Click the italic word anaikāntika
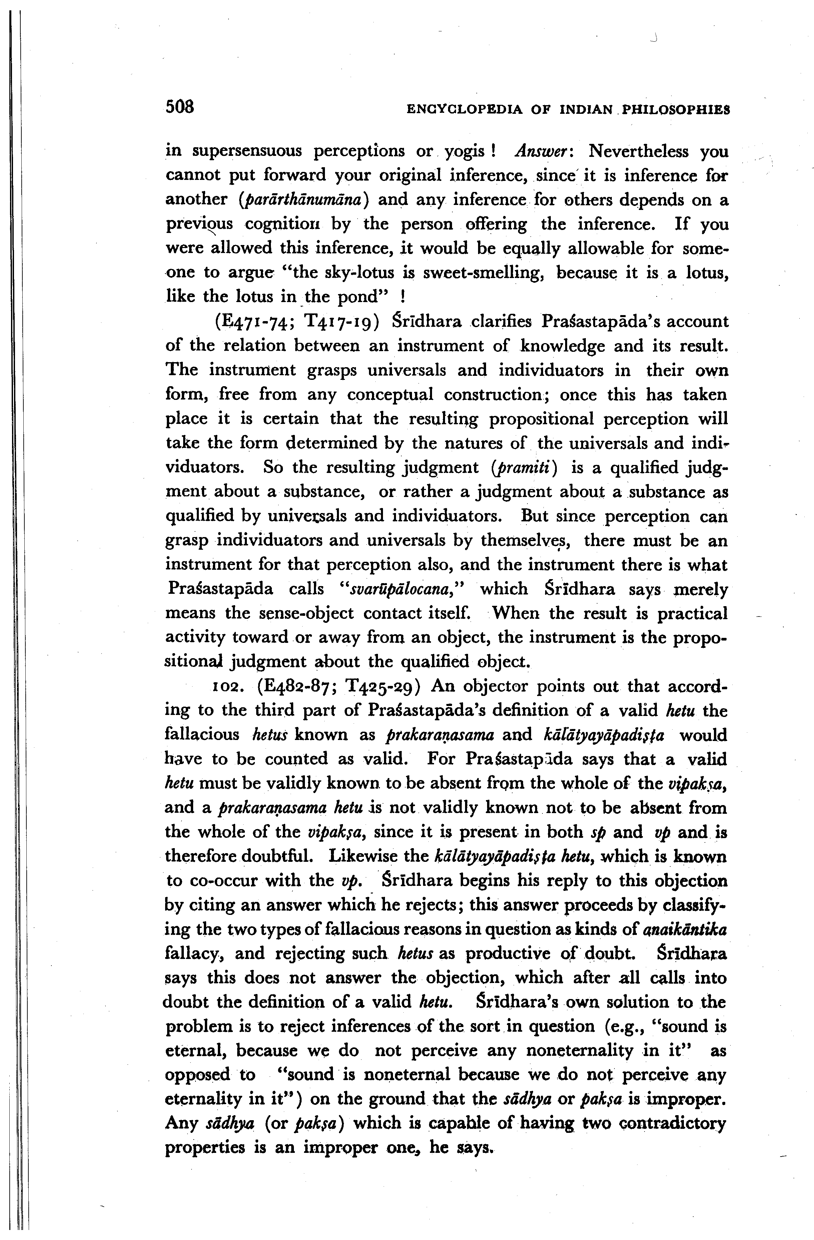tap(685, 930)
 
